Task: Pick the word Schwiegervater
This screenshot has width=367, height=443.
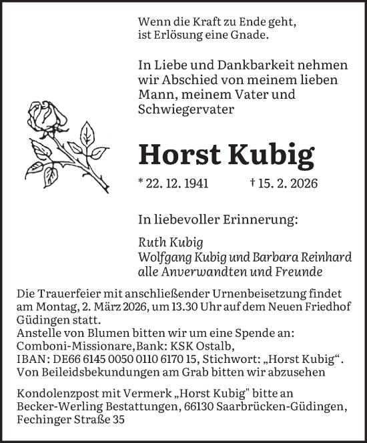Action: click(181, 109)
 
